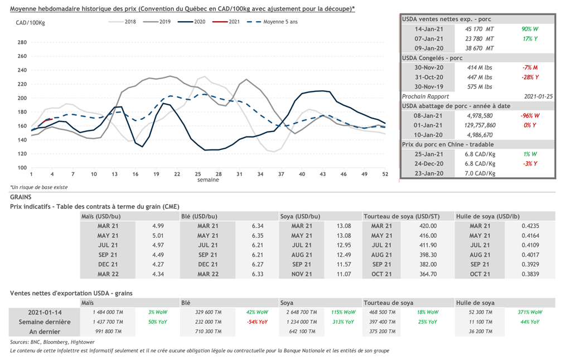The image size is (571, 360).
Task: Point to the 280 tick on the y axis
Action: [x=22, y=42]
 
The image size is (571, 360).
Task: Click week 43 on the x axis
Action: [x=322, y=174]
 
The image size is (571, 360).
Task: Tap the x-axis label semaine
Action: [x=207, y=180]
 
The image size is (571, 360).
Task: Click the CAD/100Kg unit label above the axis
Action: [x=30, y=22]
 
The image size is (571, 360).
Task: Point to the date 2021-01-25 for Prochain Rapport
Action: [x=538, y=96]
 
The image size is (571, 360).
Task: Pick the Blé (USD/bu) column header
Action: [x=199, y=216]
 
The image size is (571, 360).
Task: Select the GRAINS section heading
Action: [x=21, y=197]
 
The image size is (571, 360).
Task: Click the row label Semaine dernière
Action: [x=45, y=322]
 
